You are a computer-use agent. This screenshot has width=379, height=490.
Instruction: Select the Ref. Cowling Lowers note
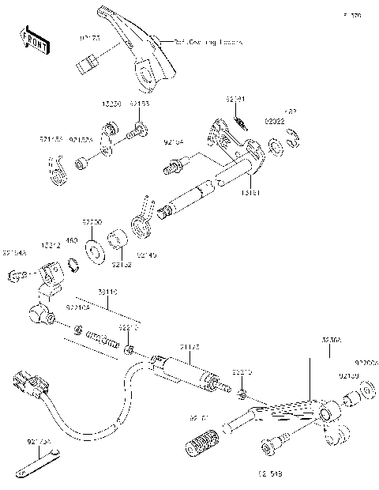click(x=208, y=41)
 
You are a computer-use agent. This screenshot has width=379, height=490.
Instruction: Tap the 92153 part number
click(x=139, y=104)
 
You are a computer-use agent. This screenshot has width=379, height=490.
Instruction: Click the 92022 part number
click(x=274, y=122)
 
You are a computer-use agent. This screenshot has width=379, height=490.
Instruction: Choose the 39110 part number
click(x=108, y=292)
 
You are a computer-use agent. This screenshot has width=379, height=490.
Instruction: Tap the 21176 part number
click(x=189, y=345)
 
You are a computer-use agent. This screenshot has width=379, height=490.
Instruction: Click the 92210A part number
click(x=77, y=307)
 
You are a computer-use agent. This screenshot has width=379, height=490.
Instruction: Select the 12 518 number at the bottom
click(x=271, y=474)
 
